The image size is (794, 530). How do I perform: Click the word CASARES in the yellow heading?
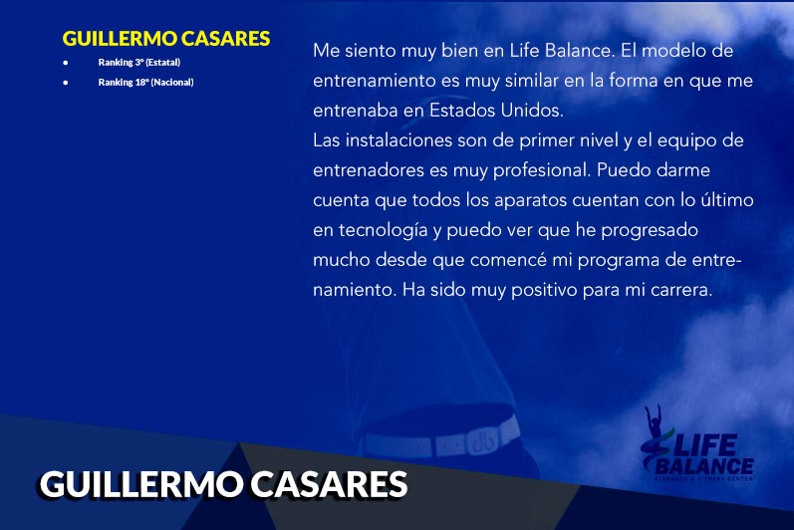(225, 39)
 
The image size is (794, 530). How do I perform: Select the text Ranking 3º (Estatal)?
(139, 62)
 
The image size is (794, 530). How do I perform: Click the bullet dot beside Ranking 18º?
(66, 82)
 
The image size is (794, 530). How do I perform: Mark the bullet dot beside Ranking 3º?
(66, 63)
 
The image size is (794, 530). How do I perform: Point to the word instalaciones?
(398, 140)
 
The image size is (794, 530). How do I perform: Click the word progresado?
(650, 231)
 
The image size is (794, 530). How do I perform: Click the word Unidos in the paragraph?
(532, 111)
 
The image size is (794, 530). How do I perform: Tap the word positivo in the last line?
(544, 291)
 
